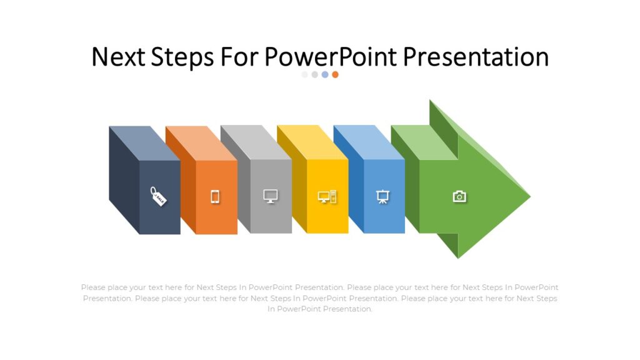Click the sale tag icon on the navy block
click(x=159, y=196)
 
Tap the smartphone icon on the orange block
click(x=215, y=197)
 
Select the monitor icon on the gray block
click(x=270, y=196)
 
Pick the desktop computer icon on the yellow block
click(x=327, y=197)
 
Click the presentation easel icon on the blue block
click(x=383, y=197)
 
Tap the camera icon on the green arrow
click(x=459, y=197)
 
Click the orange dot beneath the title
click(x=335, y=74)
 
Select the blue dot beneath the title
click(x=325, y=74)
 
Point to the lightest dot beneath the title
click(x=305, y=74)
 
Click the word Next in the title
click(x=119, y=57)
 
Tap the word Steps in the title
click(x=182, y=57)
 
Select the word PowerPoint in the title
click(x=330, y=57)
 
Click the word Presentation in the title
click(x=476, y=57)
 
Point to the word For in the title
click(x=240, y=57)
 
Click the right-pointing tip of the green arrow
click(x=528, y=196)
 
